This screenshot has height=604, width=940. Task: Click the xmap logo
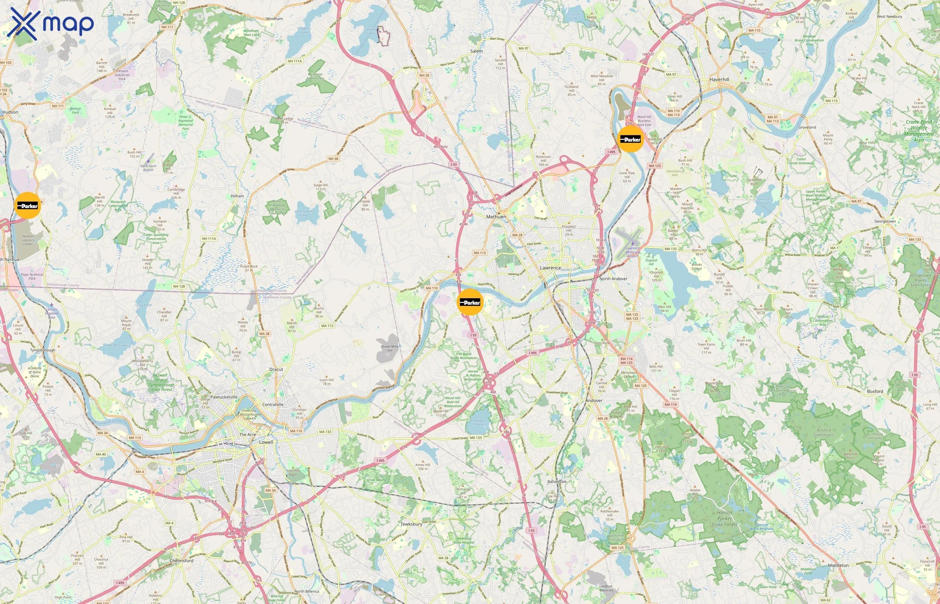point(50,23)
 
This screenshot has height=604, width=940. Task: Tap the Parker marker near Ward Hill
point(630,139)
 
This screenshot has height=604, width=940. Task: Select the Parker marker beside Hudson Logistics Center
point(28,205)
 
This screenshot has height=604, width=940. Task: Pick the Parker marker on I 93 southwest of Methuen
point(470,302)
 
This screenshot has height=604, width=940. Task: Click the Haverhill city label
point(719,79)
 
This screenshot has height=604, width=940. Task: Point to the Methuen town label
point(496,216)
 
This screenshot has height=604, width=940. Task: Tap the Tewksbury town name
point(411,524)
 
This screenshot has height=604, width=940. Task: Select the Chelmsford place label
point(181,560)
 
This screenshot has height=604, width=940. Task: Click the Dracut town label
point(276,369)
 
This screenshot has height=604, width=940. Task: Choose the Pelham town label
point(237,196)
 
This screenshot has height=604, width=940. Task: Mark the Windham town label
point(274,18)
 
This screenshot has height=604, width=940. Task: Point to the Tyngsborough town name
point(42,350)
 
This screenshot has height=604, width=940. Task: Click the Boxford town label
point(875,391)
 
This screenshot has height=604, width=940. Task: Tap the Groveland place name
point(807,127)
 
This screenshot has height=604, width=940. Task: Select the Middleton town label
point(838,565)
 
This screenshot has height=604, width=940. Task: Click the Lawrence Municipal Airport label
point(632,252)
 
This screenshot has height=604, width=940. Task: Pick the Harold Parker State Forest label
point(724,518)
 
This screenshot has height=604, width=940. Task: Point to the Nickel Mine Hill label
point(389,348)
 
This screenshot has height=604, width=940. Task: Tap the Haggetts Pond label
point(479,422)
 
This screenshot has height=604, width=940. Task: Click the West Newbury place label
point(889,16)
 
